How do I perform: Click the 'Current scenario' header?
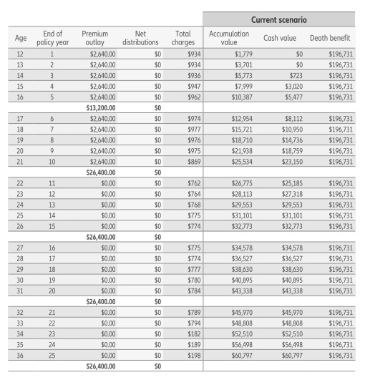283,16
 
